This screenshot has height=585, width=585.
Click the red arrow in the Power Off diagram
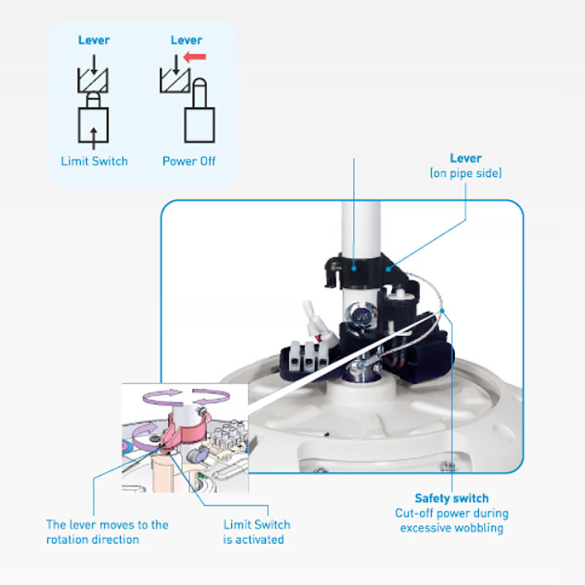(195, 56)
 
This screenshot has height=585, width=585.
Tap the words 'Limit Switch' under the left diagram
(94, 161)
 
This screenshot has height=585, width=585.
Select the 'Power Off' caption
(189, 161)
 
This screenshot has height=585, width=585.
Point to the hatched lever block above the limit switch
(94, 80)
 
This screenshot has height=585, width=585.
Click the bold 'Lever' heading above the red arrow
(186, 40)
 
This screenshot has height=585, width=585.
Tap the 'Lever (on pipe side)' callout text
(466, 166)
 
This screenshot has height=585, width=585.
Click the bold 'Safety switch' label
(452, 499)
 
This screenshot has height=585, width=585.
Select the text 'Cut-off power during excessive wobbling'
(452, 521)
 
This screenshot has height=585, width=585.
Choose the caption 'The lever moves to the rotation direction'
(107, 532)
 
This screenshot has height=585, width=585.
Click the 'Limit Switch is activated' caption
(256, 532)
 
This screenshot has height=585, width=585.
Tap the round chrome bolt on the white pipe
(361, 314)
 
